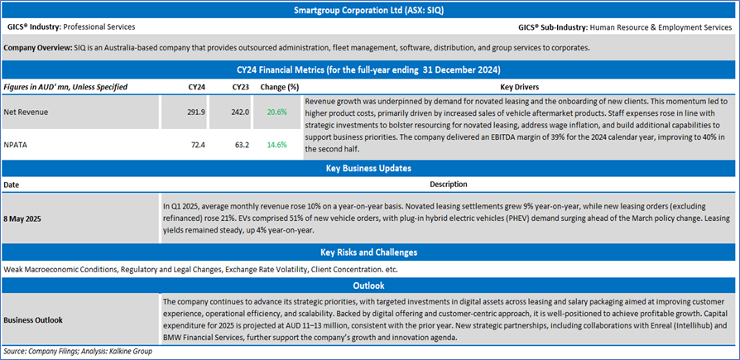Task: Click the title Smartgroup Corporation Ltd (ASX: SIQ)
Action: [369, 11]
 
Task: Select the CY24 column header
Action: [197, 86]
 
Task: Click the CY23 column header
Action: [241, 86]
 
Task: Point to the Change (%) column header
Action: [281, 86]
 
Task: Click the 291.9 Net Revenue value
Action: [194, 110]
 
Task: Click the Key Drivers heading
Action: [520, 86]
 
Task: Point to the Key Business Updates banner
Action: [369, 168]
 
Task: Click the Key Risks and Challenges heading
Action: [369, 252]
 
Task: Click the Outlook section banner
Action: [369, 286]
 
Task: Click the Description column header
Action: [448, 184]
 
